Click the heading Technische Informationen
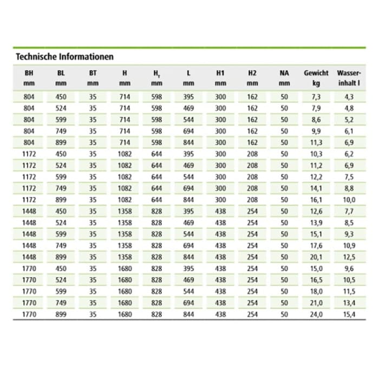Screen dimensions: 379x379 [x=64, y=56]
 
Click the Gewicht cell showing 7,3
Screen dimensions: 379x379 [x=316, y=97]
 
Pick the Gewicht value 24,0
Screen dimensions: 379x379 [x=316, y=315]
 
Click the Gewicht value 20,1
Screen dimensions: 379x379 [x=316, y=257]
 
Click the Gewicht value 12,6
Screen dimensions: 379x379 [x=316, y=211]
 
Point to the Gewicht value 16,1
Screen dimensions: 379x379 [x=316, y=200]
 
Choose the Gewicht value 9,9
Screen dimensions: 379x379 [x=316, y=131]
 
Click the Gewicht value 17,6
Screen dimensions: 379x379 [x=316, y=246]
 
